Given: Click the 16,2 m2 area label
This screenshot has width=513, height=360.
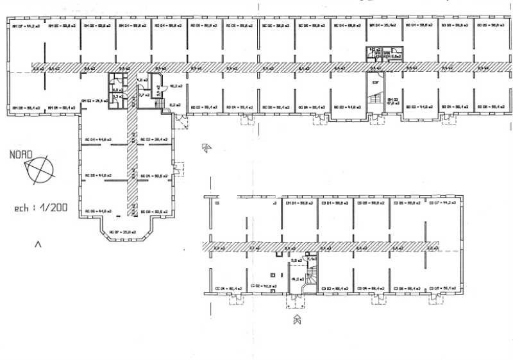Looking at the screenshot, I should click(174, 85).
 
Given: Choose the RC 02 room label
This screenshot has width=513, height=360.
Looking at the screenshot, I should click(155, 139).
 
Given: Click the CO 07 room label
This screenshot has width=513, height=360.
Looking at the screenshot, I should click(442, 203).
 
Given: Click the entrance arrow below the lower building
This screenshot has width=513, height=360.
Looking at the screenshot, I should click(296, 318).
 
